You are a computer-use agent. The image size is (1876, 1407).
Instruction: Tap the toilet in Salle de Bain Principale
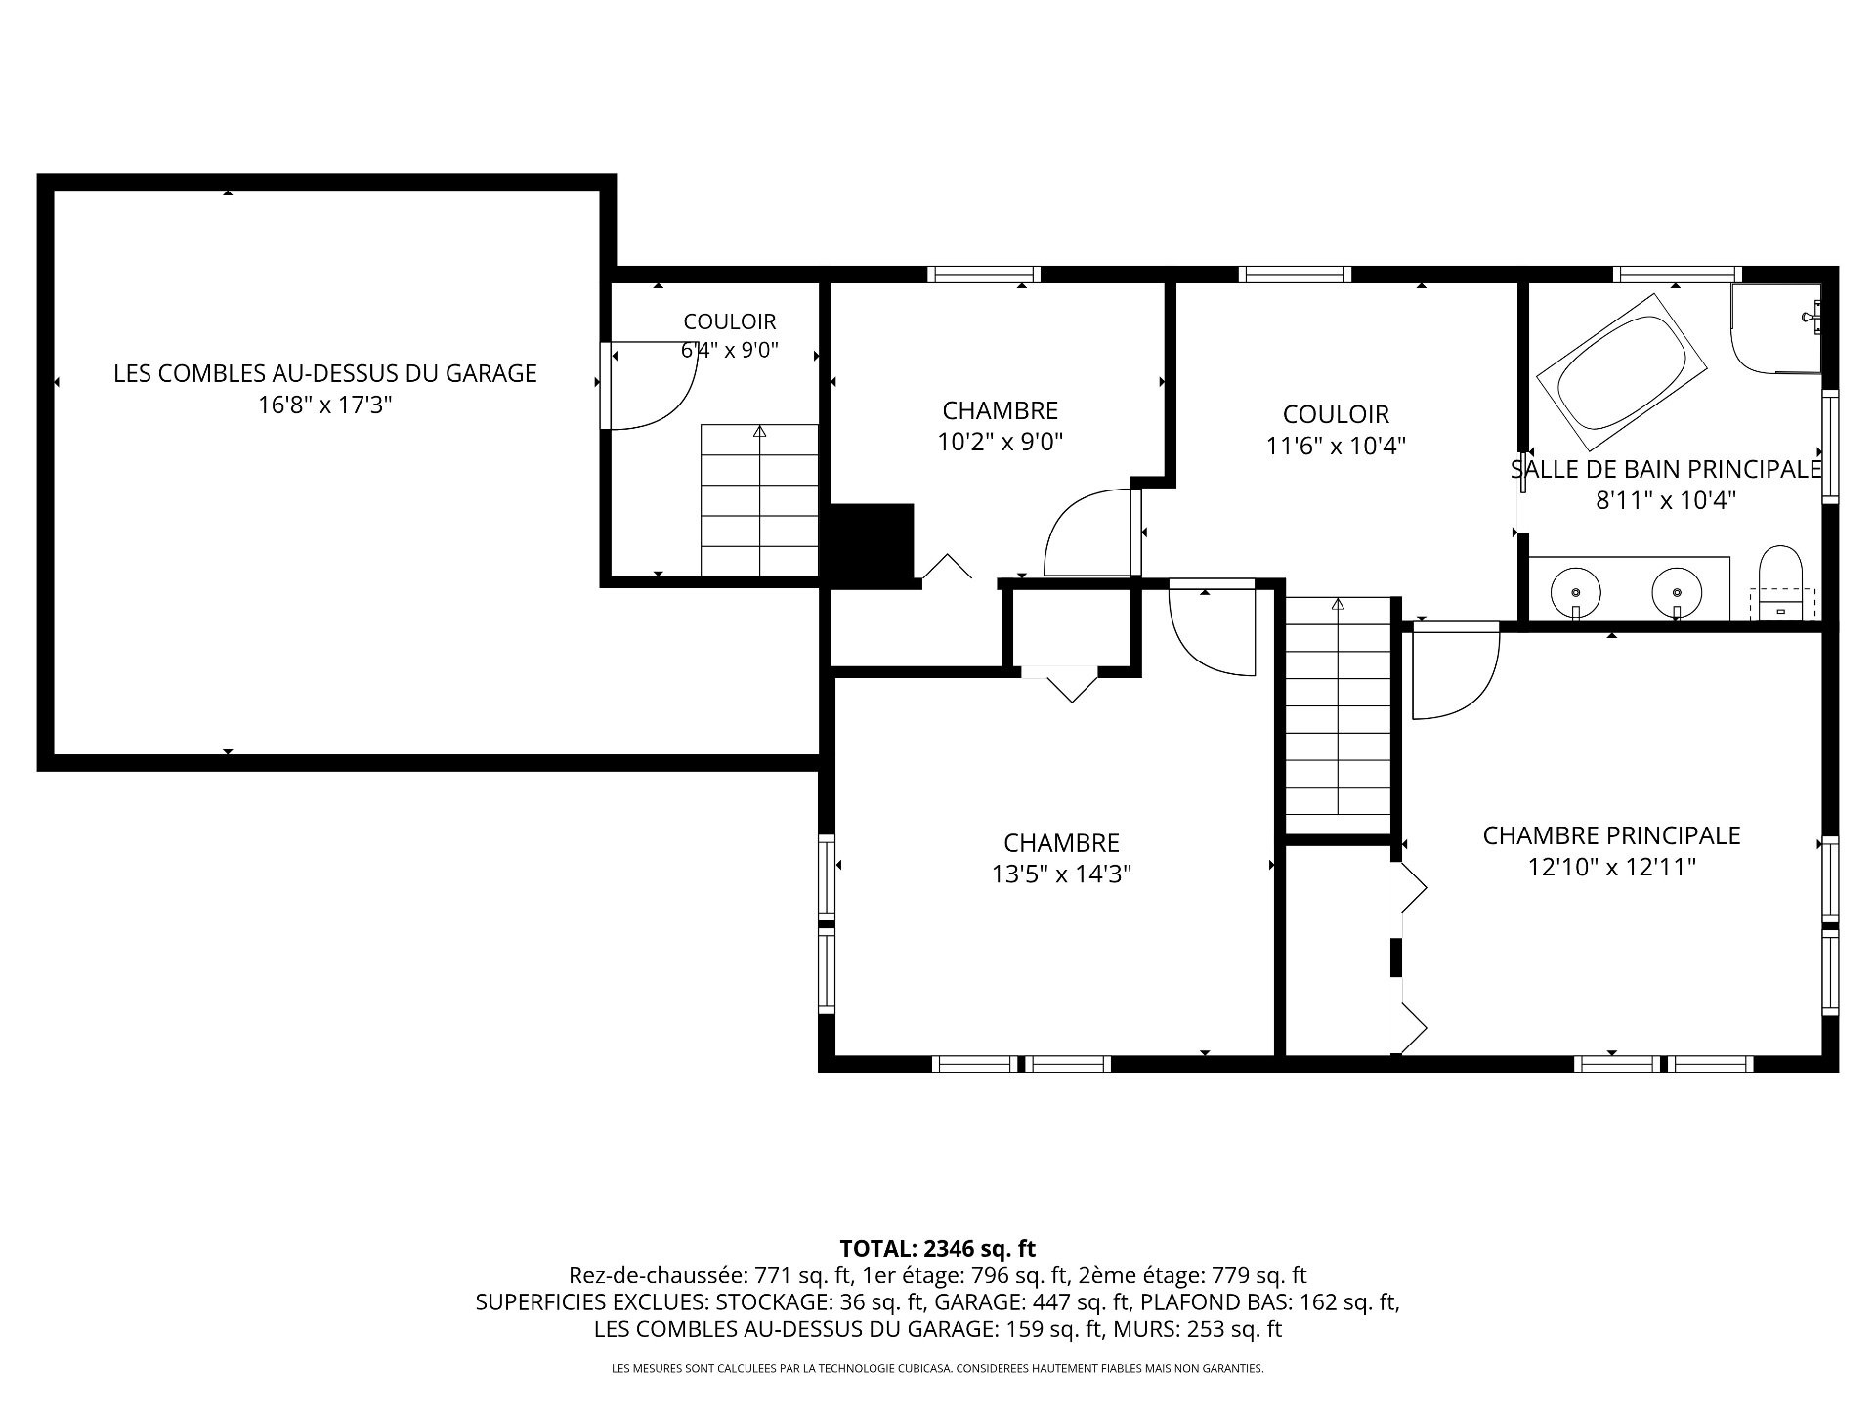pyautogui.click(x=1780, y=583)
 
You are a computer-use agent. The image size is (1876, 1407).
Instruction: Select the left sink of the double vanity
pyautogui.click(x=1576, y=592)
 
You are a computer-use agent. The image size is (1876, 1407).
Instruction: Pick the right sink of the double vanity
pyautogui.click(x=1677, y=592)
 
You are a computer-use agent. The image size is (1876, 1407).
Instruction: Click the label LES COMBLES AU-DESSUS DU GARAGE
pyautogui.click(x=325, y=373)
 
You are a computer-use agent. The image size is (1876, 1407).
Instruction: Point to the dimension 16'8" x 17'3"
pyautogui.click(x=325, y=405)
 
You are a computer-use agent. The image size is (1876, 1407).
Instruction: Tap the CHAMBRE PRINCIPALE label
pyautogui.click(x=1612, y=835)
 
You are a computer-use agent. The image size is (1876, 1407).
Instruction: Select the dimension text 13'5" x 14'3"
pyautogui.click(x=1062, y=874)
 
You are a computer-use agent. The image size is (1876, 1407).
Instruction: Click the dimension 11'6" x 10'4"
pyautogui.click(x=1336, y=446)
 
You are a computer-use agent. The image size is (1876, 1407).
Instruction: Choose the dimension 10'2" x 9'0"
pyautogui.click(x=1001, y=442)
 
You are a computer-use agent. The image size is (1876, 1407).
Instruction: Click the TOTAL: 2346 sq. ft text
pyautogui.click(x=938, y=1248)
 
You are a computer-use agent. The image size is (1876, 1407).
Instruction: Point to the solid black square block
pyautogui.click(x=872, y=543)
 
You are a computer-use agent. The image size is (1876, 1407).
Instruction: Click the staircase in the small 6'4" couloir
pyautogui.click(x=759, y=500)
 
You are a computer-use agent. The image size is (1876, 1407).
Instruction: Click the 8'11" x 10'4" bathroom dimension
pyautogui.click(x=1666, y=500)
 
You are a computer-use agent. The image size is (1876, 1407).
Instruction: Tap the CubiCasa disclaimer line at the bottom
pyautogui.click(x=938, y=1369)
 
